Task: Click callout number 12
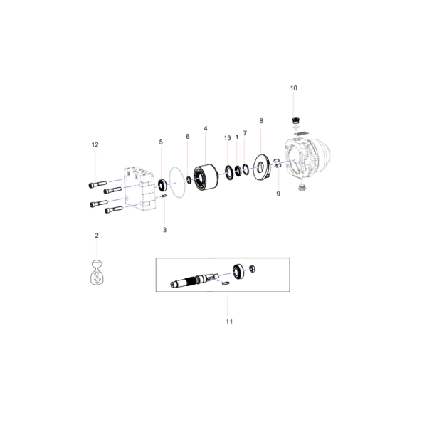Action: [94, 144]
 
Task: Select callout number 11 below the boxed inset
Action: [228, 321]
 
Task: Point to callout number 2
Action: [97, 235]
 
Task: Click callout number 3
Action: [164, 229]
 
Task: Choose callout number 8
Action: [261, 121]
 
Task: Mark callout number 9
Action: [278, 194]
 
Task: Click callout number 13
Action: [227, 137]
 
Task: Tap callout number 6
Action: [187, 137]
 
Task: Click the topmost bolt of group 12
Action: [98, 182]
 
